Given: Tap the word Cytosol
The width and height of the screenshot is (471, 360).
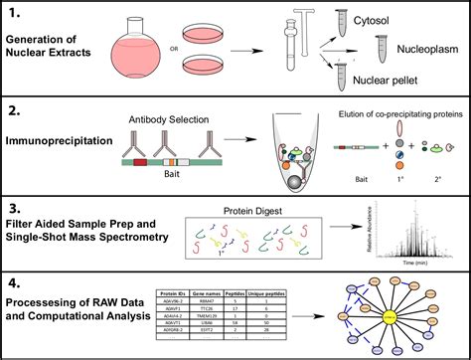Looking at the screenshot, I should coord(418,20).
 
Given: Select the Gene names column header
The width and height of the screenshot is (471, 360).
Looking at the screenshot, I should coord(207,294).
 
